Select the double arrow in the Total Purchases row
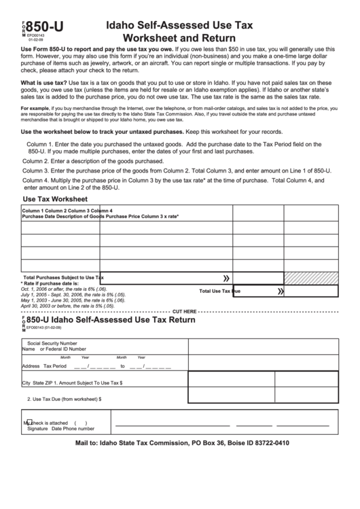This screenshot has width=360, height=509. (x=226, y=278)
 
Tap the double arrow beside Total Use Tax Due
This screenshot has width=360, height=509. (x=280, y=291)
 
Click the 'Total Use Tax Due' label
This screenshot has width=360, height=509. (x=219, y=291)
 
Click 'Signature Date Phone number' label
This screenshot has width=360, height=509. (x=60, y=429)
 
